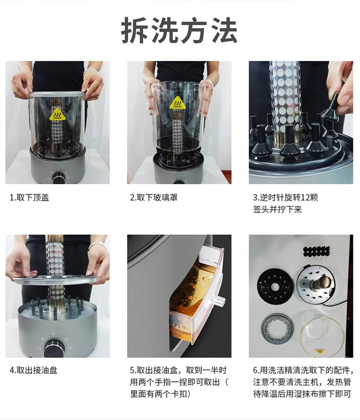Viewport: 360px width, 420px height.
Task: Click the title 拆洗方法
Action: (x=179, y=31)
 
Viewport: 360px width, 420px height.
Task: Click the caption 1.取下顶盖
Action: (x=29, y=198)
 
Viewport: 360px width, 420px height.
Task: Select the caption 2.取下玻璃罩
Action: (x=154, y=198)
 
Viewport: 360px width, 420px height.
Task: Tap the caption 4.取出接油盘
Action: (x=34, y=371)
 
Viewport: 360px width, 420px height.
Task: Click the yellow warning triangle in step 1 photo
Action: (x=57, y=115)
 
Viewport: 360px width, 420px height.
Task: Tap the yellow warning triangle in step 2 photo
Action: (x=178, y=103)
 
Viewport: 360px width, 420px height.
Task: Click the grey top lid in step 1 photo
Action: (x=56, y=95)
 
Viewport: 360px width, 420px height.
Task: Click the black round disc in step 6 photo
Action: (x=275, y=287)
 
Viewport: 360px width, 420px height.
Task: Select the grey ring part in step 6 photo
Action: (x=277, y=329)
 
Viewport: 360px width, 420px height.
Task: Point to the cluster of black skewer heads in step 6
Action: (x=317, y=251)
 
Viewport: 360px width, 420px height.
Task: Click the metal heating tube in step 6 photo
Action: (x=319, y=283)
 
